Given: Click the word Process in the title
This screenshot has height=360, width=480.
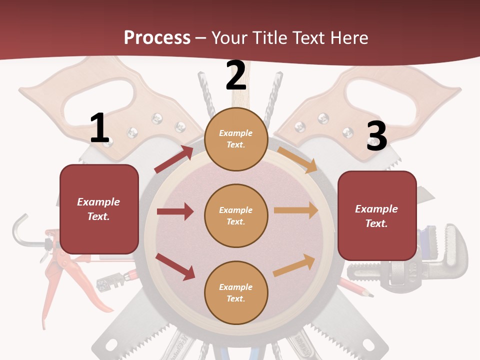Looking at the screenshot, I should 157,37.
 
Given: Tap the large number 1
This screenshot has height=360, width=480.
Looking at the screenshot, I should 99,128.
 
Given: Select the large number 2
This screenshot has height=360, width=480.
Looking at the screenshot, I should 236,75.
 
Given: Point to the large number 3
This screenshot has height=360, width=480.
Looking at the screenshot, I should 376,136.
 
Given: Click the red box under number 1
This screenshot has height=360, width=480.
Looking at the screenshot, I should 99,209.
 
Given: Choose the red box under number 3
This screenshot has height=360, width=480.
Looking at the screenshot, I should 377,216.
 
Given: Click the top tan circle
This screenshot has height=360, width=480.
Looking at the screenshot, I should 236,139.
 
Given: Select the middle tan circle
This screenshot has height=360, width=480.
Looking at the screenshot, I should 236,216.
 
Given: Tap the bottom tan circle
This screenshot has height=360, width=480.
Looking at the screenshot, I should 236,293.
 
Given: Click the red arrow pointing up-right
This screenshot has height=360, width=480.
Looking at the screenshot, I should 174,159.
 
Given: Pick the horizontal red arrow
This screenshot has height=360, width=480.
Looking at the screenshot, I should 175,211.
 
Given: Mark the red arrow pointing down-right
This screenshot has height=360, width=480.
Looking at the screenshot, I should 175,266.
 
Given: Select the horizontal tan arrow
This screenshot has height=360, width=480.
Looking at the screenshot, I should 296,210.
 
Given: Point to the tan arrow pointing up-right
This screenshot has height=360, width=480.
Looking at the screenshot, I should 294,265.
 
